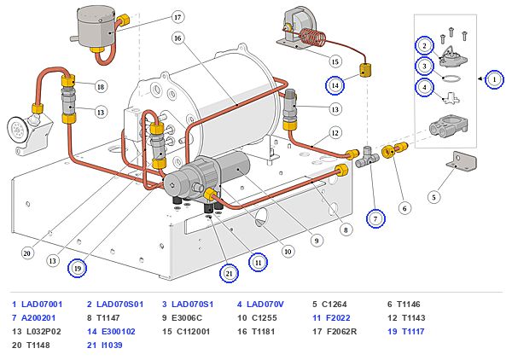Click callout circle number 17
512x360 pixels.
[x=177, y=17]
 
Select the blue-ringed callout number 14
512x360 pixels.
[x=335, y=85]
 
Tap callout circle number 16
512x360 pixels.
[x=177, y=38]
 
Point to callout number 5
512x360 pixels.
[x=434, y=197]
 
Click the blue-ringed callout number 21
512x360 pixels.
[x=229, y=273]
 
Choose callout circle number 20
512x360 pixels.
[x=27, y=253]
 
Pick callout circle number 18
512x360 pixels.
[x=101, y=87]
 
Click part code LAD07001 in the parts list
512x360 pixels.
[x=42, y=305]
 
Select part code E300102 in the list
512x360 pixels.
[x=119, y=332]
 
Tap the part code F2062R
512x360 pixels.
[x=341, y=332]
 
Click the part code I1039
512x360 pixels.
[x=112, y=345]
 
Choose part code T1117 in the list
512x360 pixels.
[x=413, y=332]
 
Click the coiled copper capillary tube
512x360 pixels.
[x=312, y=38]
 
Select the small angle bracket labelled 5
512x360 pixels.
[x=462, y=161]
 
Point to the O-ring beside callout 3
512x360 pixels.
[x=452, y=78]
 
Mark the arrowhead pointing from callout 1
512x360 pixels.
[x=480, y=79]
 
